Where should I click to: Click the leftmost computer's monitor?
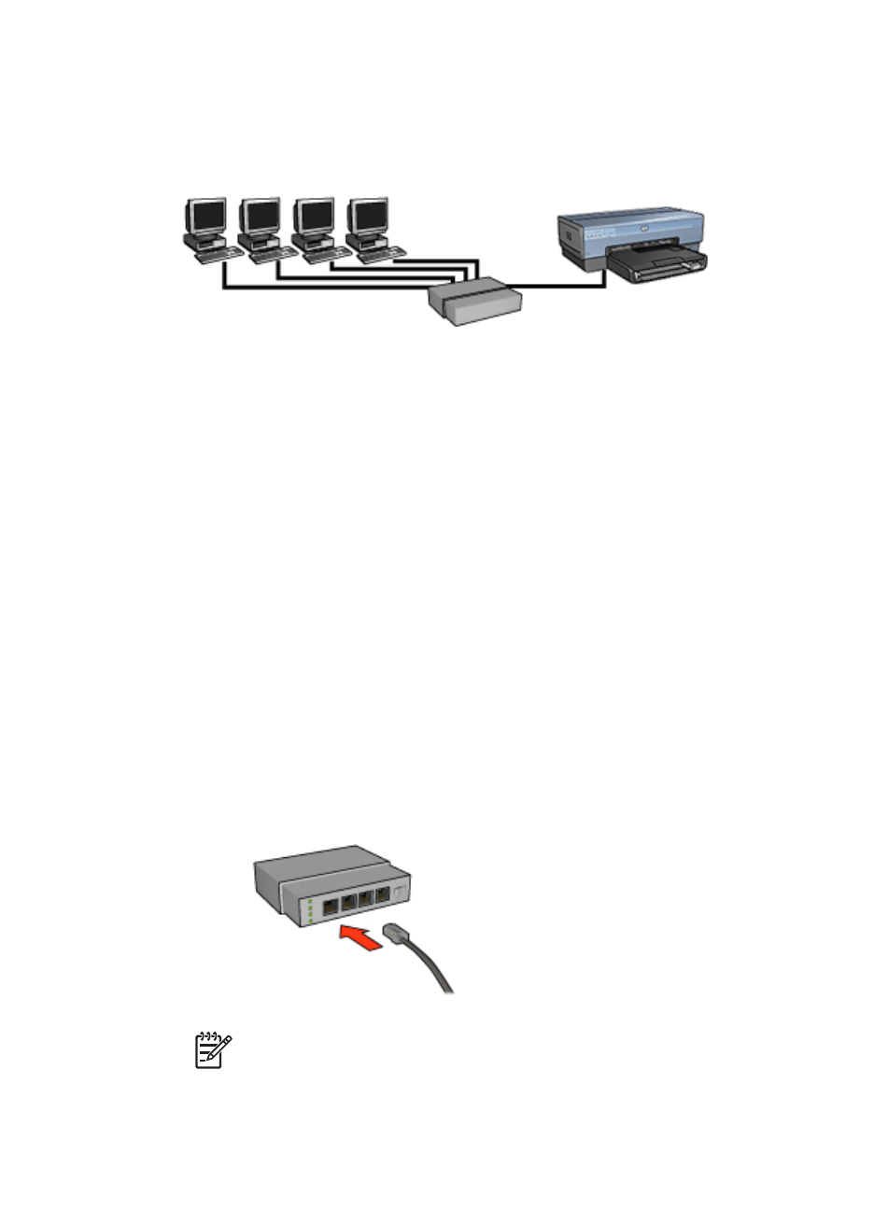[205, 217]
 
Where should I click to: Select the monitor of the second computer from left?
[260, 217]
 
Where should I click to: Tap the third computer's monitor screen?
[314, 217]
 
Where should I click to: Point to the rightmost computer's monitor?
[368, 217]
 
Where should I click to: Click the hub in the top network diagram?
[473, 302]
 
